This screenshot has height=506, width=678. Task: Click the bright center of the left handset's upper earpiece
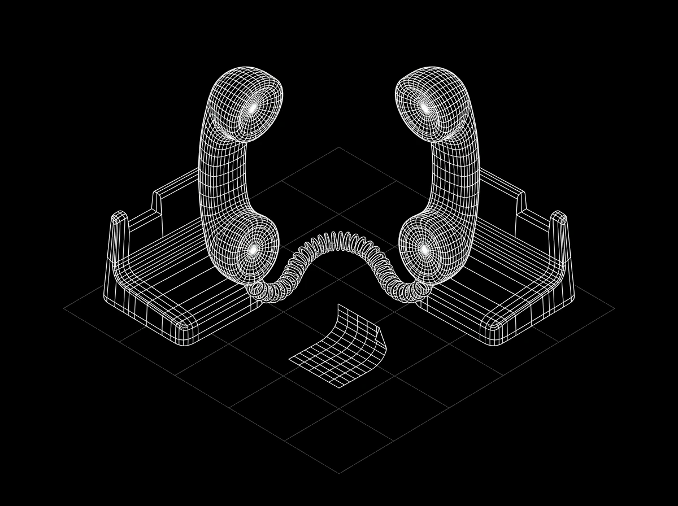click(254, 106)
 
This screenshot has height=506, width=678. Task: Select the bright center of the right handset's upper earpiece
click(424, 106)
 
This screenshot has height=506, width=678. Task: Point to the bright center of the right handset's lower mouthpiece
click(424, 248)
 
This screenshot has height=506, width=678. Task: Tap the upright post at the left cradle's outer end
click(118, 217)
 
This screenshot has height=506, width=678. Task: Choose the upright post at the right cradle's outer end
click(559, 217)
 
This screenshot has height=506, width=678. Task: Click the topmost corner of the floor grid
click(339, 147)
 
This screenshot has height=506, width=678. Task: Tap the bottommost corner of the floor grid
click(339, 473)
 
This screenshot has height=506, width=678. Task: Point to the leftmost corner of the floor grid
click(64, 309)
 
